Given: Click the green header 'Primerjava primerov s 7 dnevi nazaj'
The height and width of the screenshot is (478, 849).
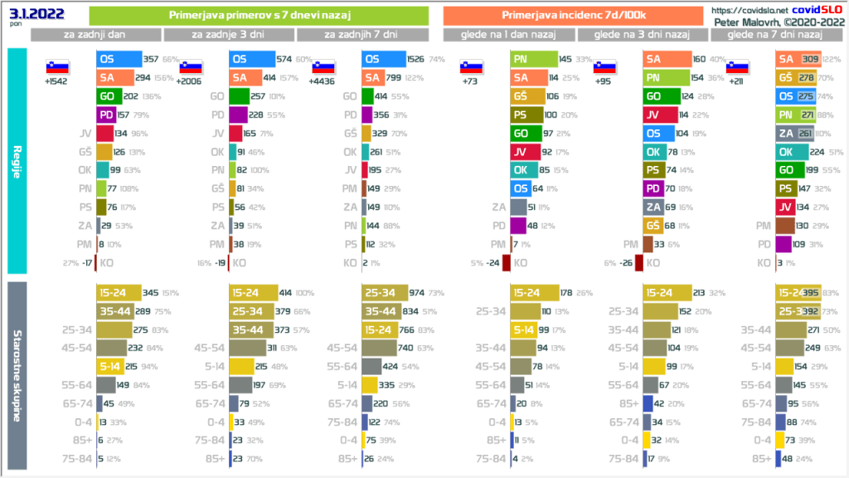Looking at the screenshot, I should coord(258,15).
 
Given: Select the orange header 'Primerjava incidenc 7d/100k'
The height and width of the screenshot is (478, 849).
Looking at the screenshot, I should coord(573,15).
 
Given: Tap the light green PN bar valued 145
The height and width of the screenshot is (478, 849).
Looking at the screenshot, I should coord(531,60).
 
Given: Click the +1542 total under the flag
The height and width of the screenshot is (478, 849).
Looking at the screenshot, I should coord(56,82).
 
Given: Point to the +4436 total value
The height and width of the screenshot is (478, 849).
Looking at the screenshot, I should coord(322,82).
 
